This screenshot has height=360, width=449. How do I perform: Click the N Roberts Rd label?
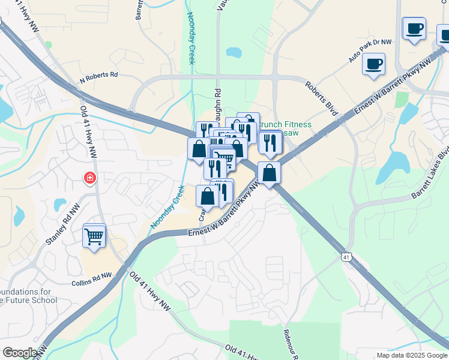[x=98, y=77]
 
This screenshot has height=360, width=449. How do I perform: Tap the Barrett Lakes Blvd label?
[x=430, y=173]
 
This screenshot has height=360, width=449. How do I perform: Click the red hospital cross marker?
[x=89, y=178]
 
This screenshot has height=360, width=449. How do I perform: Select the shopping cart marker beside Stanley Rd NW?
[x=94, y=236]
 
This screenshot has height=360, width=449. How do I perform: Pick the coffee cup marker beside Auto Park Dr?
[x=374, y=64]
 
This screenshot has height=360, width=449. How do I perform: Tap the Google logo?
[x=20, y=353]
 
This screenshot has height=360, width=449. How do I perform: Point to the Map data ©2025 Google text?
[x=412, y=355]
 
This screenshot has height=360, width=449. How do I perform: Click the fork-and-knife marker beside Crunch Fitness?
[x=270, y=142]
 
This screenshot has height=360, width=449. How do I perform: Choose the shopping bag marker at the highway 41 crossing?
[x=270, y=173]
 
